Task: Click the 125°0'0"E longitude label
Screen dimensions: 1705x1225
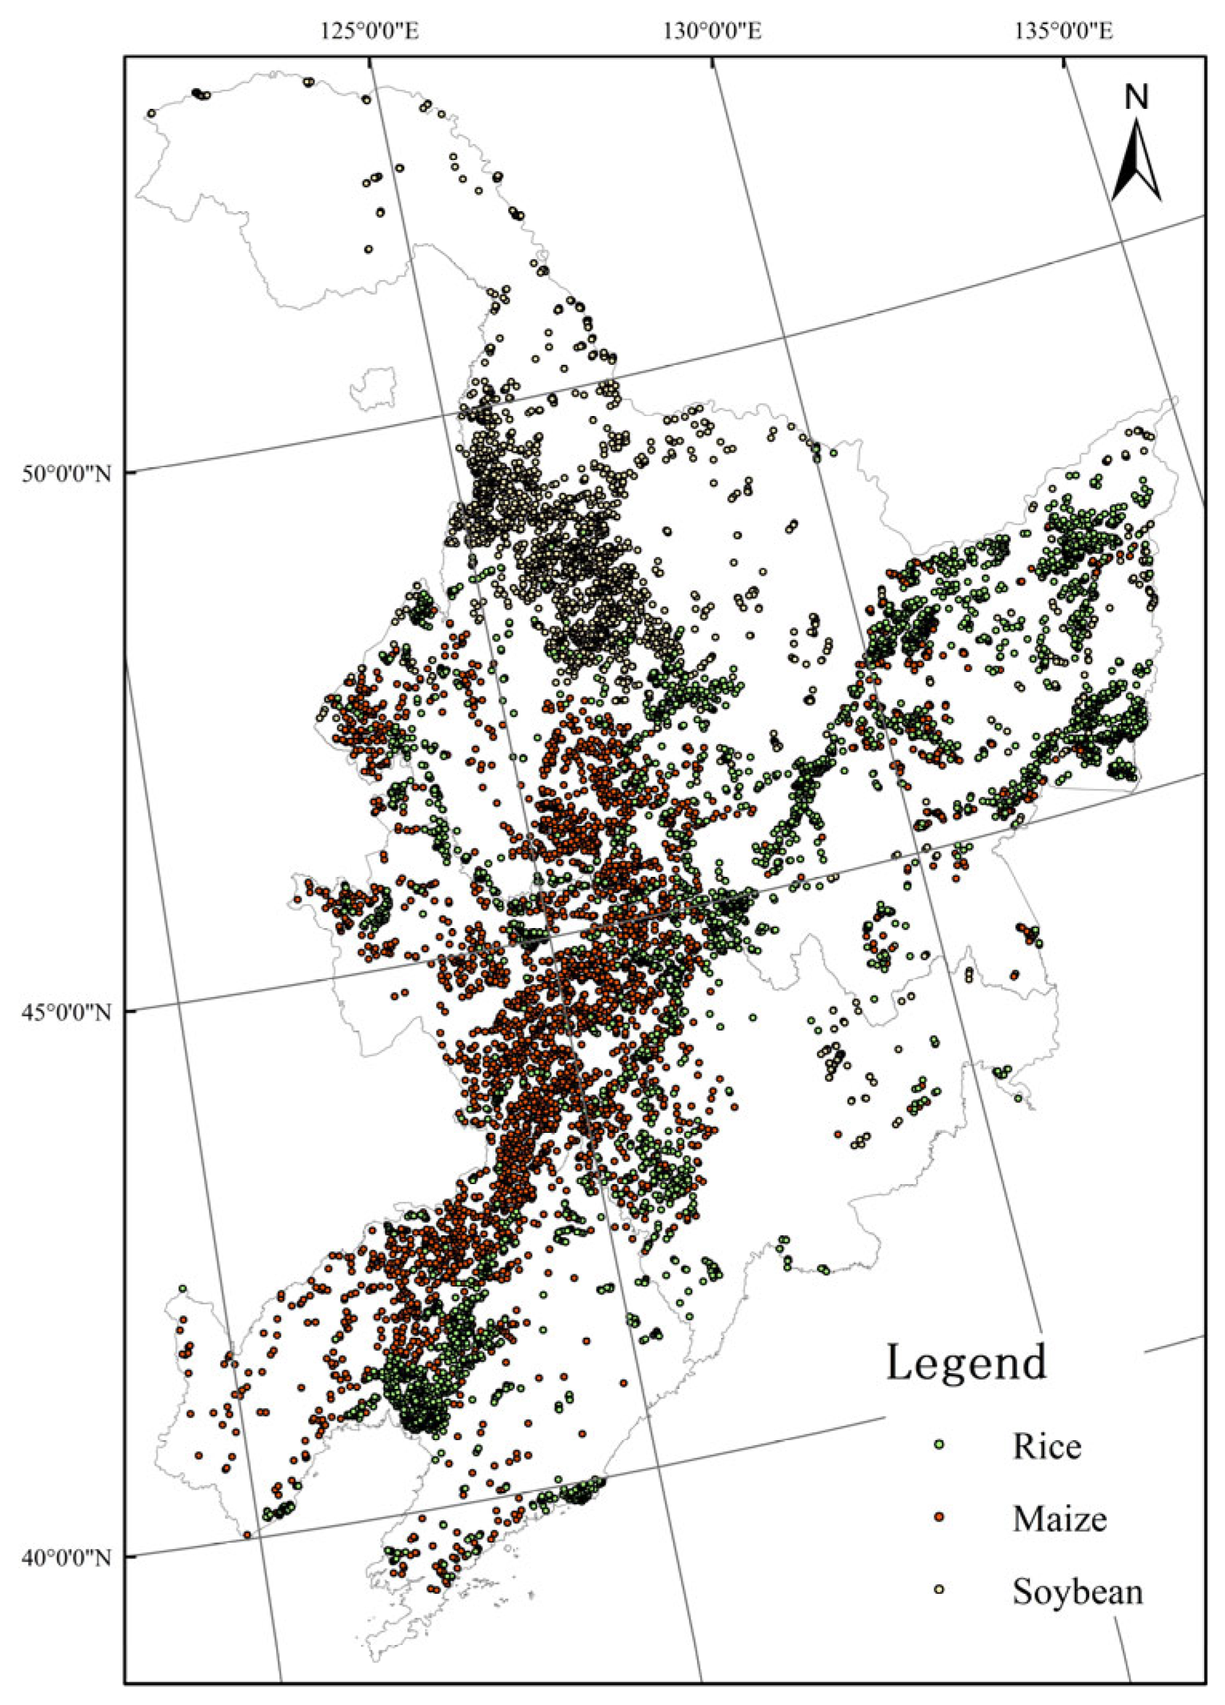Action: [x=370, y=31]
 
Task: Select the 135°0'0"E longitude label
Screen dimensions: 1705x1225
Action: [x=1063, y=31]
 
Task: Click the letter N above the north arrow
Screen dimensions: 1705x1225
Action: [x=1136, y=97]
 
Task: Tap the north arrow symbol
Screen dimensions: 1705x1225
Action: [x=1136, y=160]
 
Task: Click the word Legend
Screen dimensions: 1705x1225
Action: [x=966, y=1363]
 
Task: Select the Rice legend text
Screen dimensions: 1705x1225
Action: [x=1047, y=1447]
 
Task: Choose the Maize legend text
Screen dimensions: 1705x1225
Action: [x=1059, y=1519]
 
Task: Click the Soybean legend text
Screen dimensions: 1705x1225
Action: [x=1077, y=1591]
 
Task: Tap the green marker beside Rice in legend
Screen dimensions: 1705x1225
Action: [x=940, y=1444]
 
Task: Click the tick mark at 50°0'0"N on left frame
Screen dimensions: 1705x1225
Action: [x=130, y=473]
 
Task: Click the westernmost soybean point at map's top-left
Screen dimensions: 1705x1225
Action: [x=151, y=113]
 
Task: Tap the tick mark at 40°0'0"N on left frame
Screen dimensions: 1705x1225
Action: [x=130, y=1556]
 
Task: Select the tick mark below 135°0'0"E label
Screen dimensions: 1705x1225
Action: [x=1063, y=62]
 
